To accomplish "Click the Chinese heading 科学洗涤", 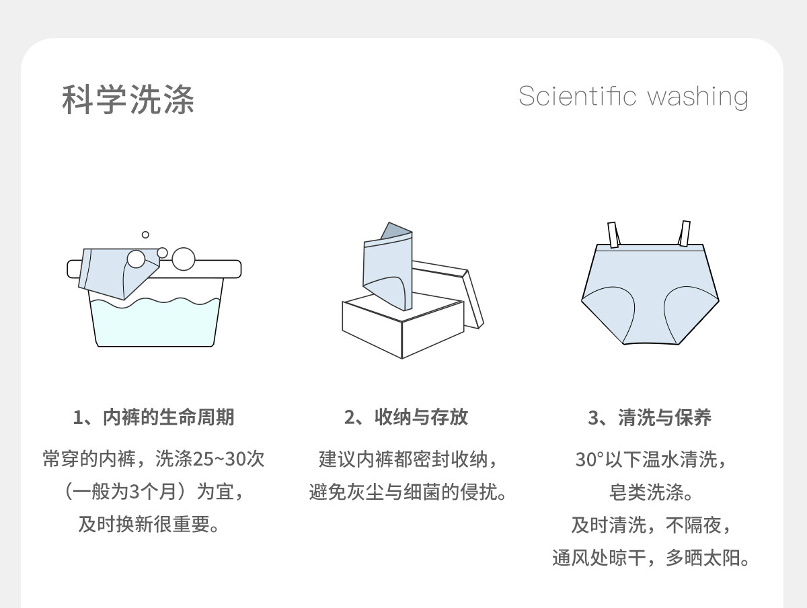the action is coord(128,99).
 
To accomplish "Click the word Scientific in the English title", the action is coord(577,96).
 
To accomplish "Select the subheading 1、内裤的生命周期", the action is coord(153,417).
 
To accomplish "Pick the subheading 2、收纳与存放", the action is coord(406,417).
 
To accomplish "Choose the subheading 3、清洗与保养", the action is coord(650,417).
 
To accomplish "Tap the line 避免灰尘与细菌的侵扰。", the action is coord(407,492).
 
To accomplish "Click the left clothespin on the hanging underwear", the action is coord(613,234).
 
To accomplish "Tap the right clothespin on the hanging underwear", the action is coord(685,232).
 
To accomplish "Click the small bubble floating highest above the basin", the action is coord(145,234).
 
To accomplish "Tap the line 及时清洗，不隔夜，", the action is coord(650,525).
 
